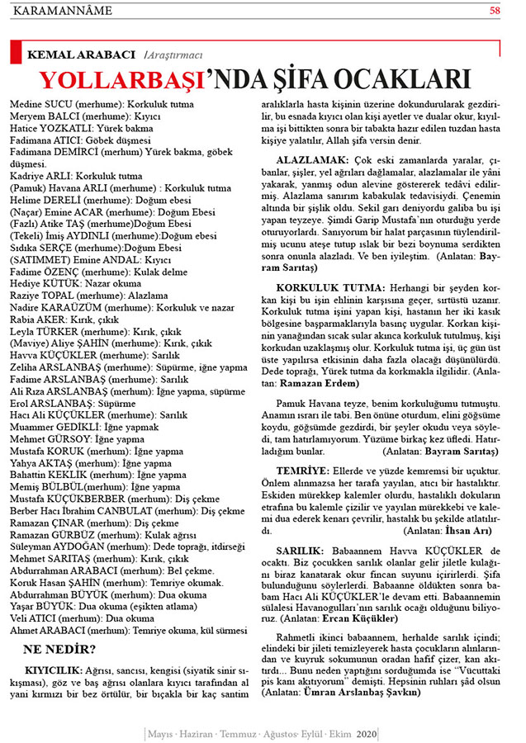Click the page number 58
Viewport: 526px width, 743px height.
coord(495,11)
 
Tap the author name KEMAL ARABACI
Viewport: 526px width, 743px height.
coord(82,54)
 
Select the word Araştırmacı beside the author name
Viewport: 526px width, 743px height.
coord(173,54)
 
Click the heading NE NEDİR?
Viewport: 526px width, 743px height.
coord(59,649)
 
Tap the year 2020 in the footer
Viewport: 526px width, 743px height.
coord(367,734)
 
